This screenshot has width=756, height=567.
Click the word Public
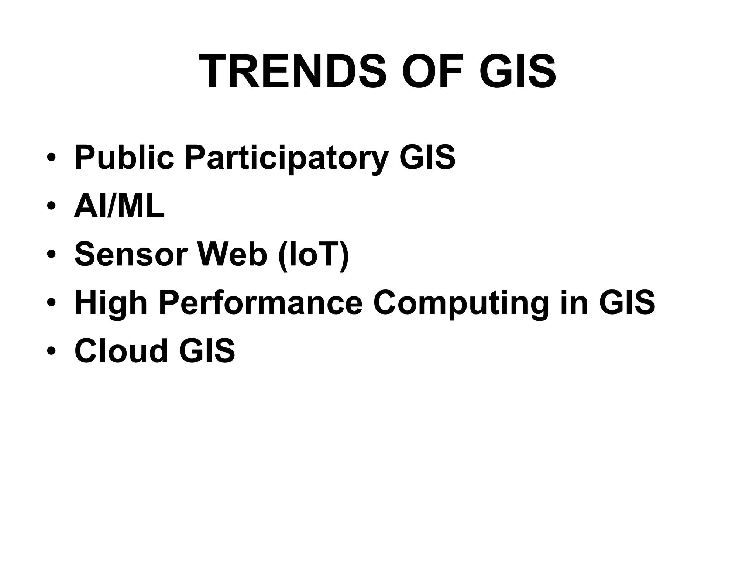click(124, 158)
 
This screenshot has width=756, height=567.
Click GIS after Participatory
click(427, 158)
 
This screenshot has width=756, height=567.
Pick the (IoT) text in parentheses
click(314, 255)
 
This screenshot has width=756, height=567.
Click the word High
click(111, 303)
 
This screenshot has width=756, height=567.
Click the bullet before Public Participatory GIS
click(51, 158)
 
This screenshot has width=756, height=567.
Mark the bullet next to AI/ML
click(51, 207)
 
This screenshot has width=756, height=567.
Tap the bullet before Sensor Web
click(51, 255)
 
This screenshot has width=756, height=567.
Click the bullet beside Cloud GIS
click(51, 351)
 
